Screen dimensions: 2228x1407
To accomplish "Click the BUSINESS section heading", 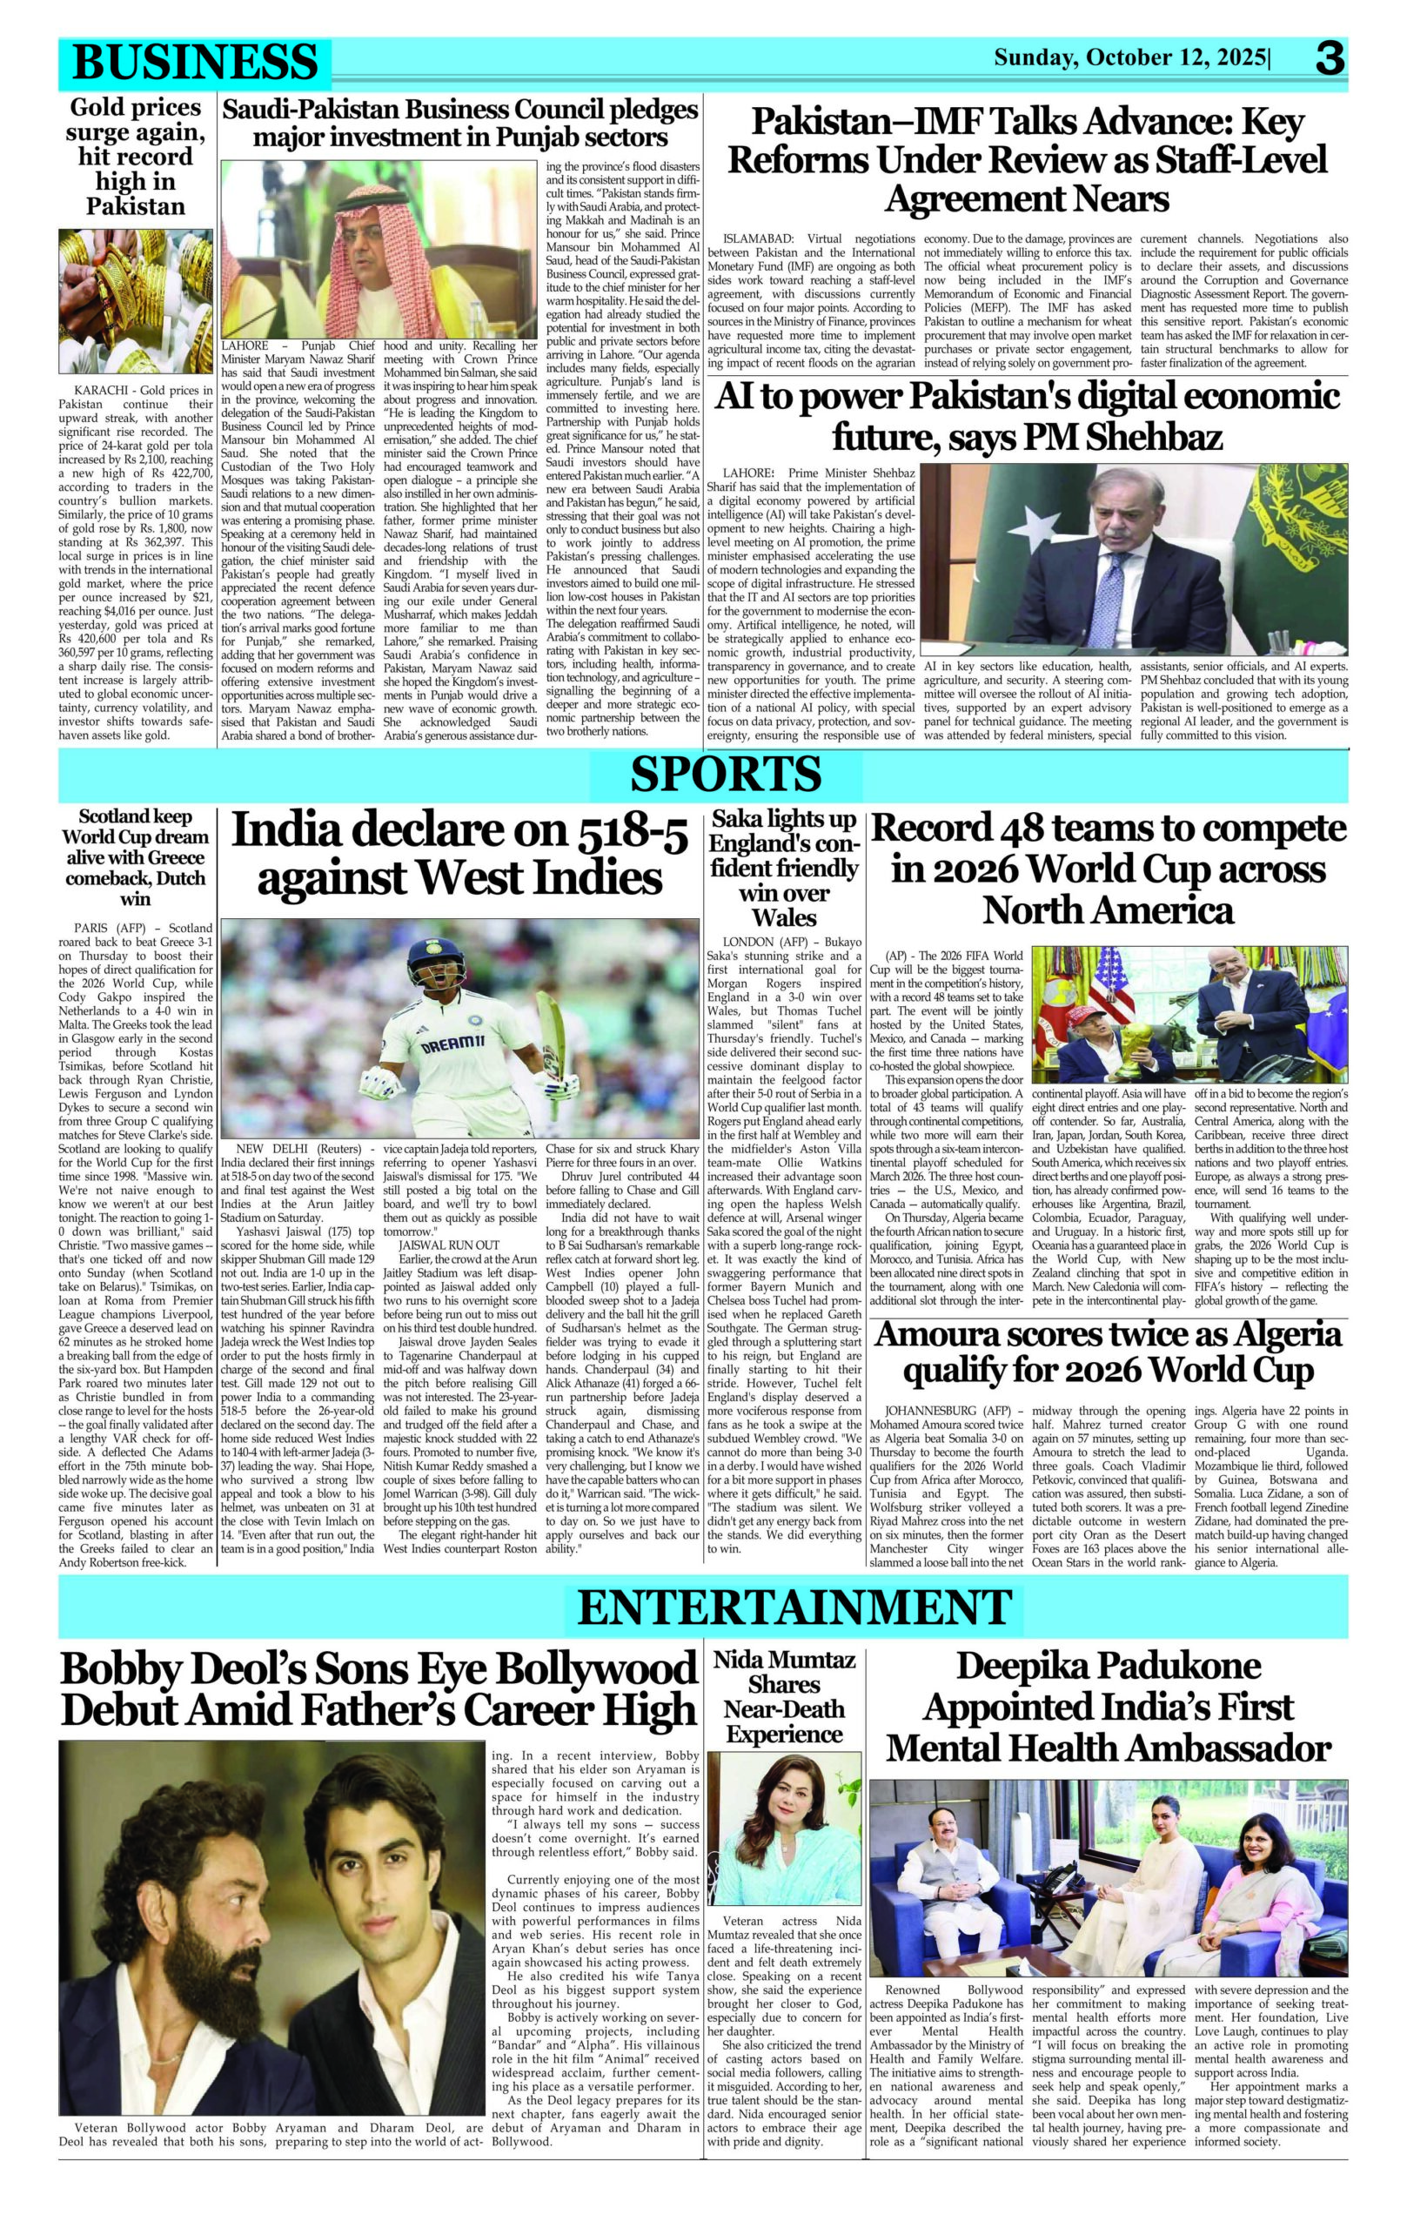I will [194, 62].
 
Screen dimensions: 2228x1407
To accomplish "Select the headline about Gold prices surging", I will [136, 157].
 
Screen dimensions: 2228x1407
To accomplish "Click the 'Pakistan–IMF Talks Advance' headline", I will [1027, 159].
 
